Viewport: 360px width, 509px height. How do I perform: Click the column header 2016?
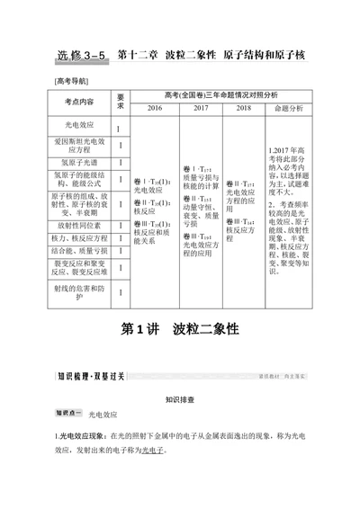click(154, 108)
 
